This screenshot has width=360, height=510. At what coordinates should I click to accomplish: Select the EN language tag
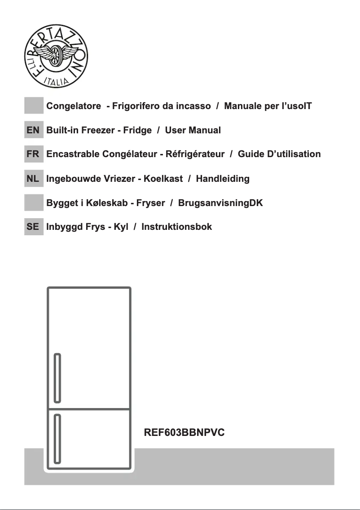coord(33,130)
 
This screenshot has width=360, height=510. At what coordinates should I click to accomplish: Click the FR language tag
coord(33,154)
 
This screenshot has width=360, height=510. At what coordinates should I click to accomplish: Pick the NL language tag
coord(33,179)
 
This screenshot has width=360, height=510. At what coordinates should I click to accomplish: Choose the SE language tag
coord(33,227)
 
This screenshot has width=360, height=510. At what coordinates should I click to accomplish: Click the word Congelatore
coord(74,106)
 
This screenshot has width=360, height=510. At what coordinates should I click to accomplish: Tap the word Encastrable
coord(73,154)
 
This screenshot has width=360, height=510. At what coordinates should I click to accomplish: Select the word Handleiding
coord(223,179)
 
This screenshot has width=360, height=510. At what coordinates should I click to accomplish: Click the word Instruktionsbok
coord(176,227)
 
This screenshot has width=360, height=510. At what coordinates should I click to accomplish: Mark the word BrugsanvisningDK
coord(220,203)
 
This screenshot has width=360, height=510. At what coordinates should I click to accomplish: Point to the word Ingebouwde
coord(74,179)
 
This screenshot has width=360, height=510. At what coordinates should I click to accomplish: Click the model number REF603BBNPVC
coord(184,433)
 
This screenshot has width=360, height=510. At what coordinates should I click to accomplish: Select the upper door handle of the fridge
coord(57,378)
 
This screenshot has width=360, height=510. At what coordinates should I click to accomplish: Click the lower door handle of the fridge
coord(57,439)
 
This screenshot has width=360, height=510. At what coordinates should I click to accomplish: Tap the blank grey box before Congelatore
coord(33,106)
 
